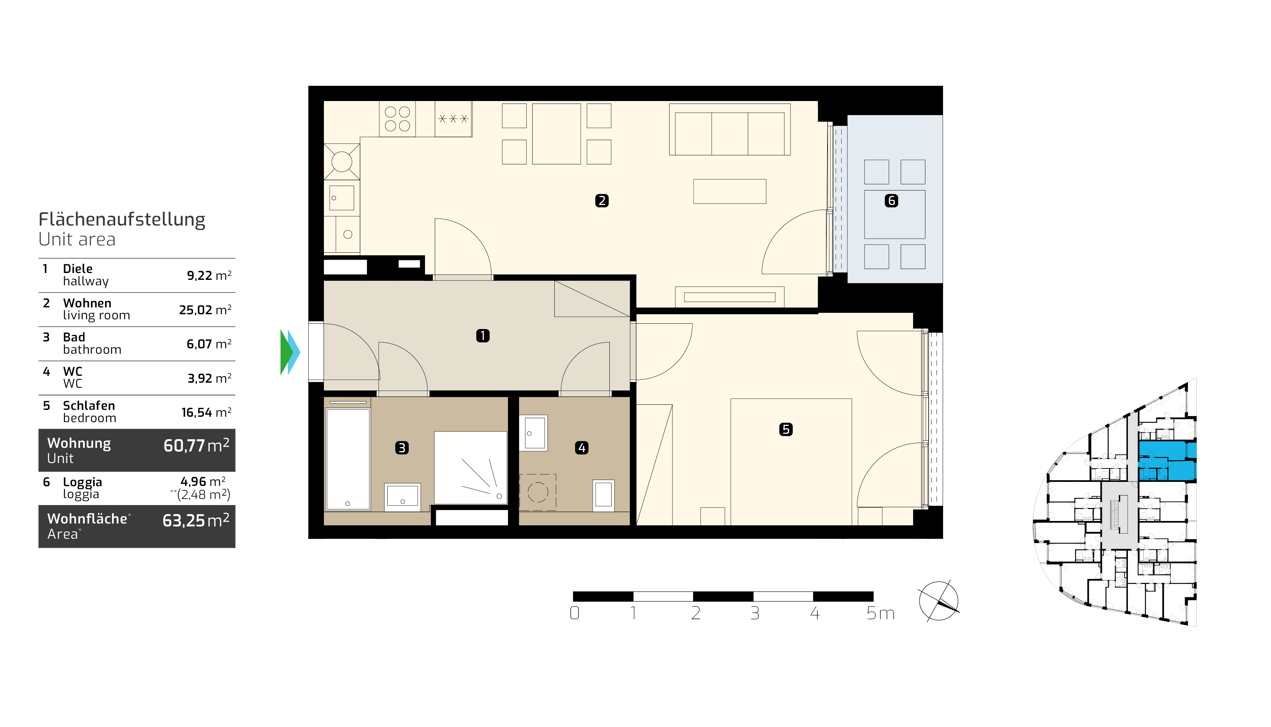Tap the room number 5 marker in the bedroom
pos(785,429)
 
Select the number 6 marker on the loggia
pos(891,201)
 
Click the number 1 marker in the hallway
pos(483,336)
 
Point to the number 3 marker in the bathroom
pos(402,448)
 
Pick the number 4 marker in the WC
pos(582,448)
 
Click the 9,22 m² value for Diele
pos(209,275)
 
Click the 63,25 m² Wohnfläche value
pos(196,520)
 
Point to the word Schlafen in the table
pos(89,405)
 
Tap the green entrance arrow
pos(286,352)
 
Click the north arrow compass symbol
pos(939,601)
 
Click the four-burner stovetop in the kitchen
pos(398,119)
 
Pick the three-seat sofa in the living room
pos(729,130)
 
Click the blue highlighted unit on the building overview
pos(1167,461)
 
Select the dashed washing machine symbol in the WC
pos(538,492)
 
